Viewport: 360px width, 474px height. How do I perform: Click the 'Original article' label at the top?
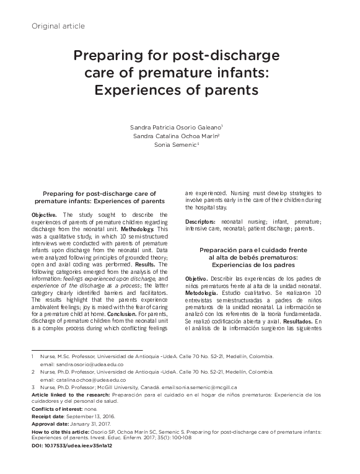[58, 25]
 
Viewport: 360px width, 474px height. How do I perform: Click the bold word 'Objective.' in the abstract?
[44, 214]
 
